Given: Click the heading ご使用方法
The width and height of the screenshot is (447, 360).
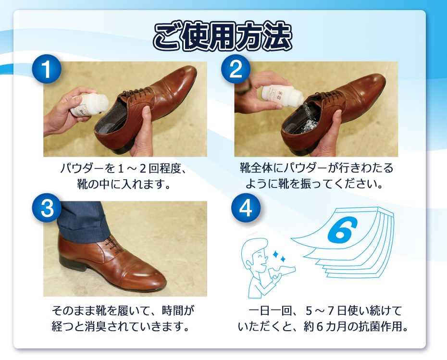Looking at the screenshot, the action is [x=223, y=37].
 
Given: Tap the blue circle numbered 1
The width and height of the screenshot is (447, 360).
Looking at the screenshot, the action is [x=47, y=69].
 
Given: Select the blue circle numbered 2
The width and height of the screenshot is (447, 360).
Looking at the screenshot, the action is [x=236, y=69].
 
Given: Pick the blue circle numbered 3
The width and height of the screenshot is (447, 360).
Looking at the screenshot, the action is [x=47, y=208].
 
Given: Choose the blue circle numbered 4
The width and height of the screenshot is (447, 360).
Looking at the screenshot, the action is [x=246, y=208].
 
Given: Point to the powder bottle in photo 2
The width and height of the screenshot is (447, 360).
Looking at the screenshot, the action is [x=282, y=94].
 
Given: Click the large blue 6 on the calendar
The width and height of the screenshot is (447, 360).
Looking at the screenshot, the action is [x=342, y=230].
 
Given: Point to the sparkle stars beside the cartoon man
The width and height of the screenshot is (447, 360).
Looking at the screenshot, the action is [x=279, y=256].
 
